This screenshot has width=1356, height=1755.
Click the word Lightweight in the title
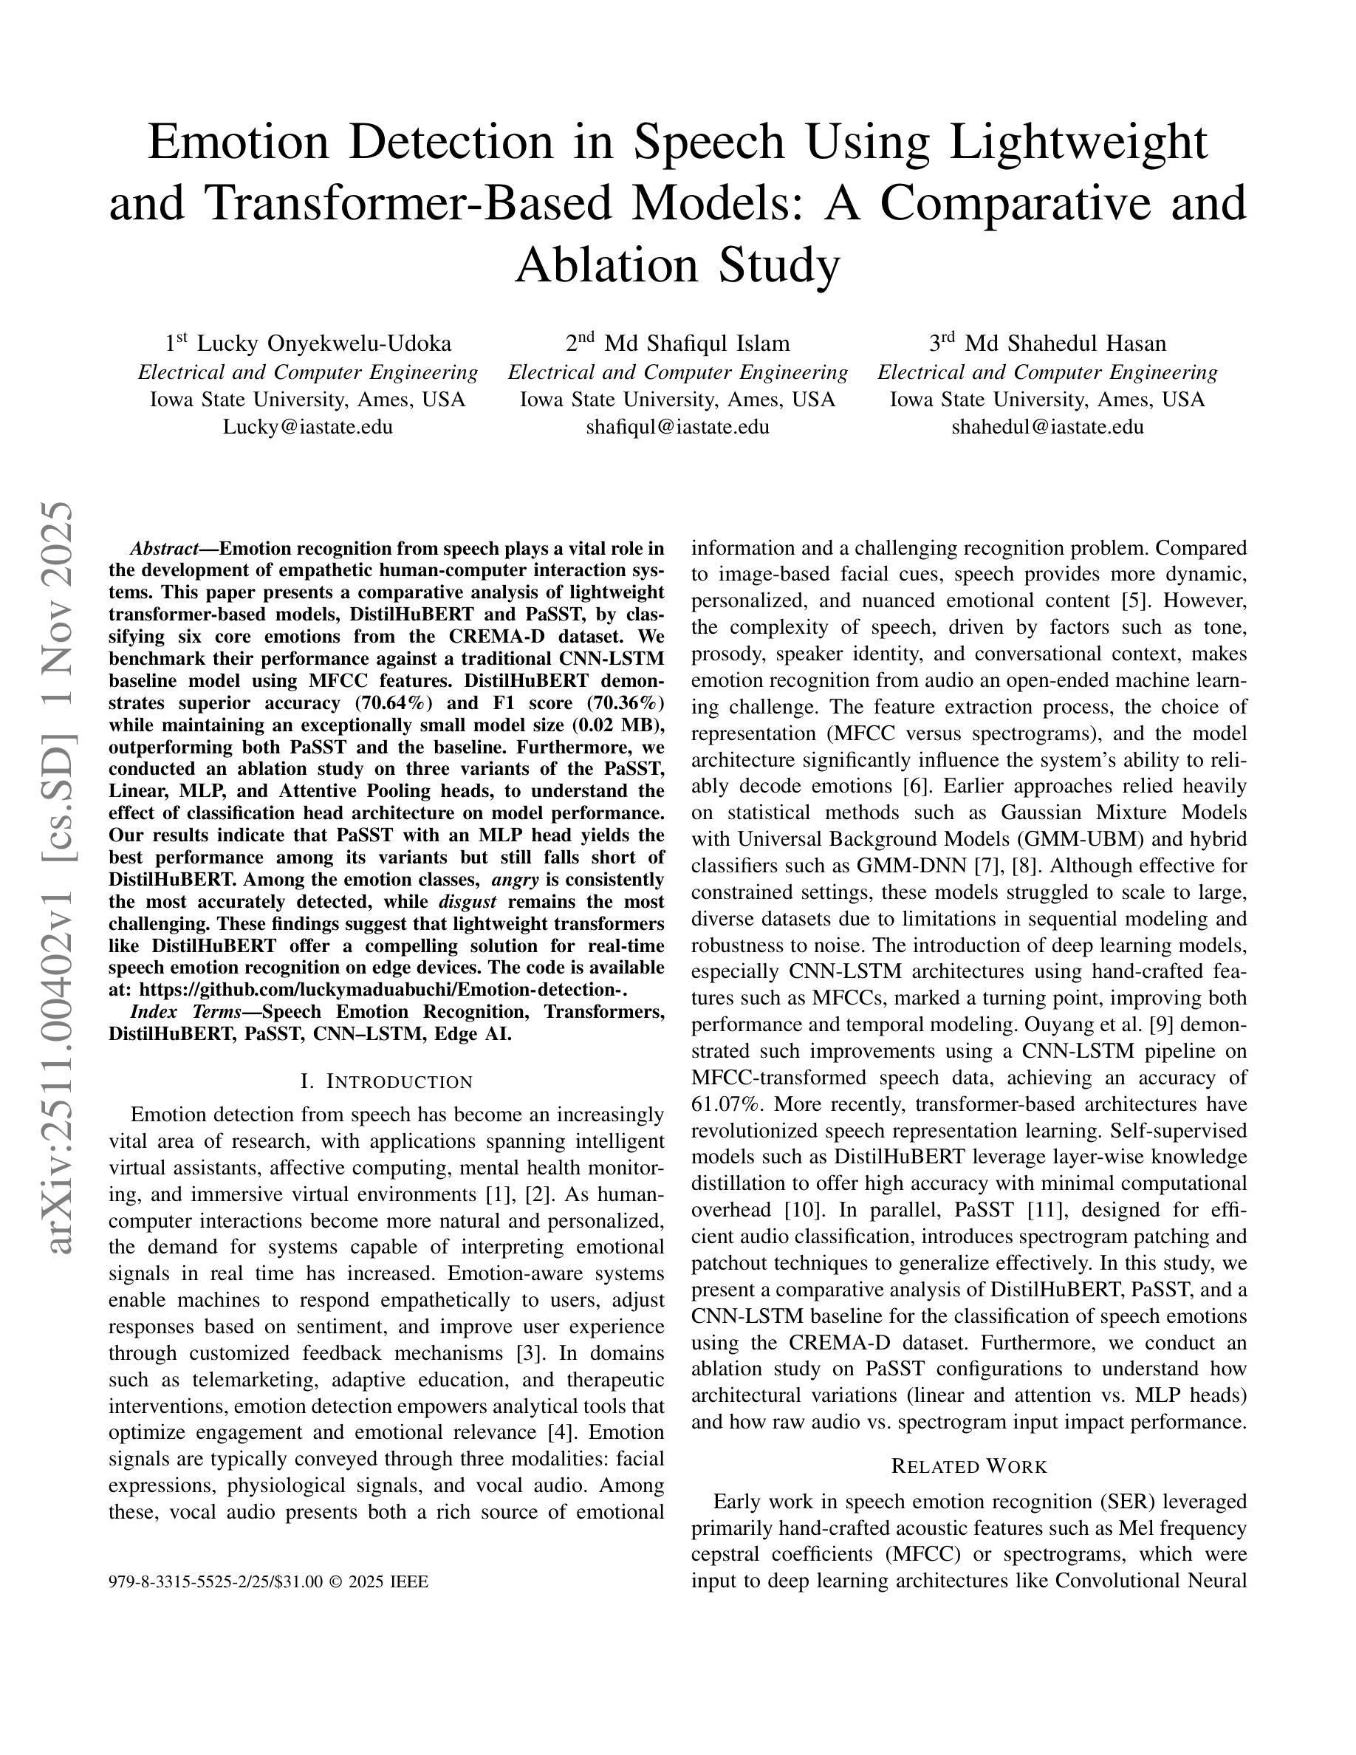[x=1078, y=143]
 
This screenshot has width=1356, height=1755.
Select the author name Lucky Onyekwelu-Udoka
[x=323, y=344]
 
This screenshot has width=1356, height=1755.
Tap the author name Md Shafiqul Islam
[x=696, y=344]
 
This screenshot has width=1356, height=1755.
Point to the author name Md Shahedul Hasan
[x=1065, y=344]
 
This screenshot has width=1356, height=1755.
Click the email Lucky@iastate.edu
[x=308, y=427]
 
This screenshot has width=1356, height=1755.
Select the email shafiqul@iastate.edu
[x=677, y=427]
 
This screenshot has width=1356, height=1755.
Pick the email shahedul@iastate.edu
[x=1047, y=427]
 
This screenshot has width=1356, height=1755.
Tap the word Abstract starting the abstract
[x=164, y=549]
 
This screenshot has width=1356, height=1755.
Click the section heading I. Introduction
[x=386, y=1081]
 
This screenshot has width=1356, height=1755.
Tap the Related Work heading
[x=969, y=1466]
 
